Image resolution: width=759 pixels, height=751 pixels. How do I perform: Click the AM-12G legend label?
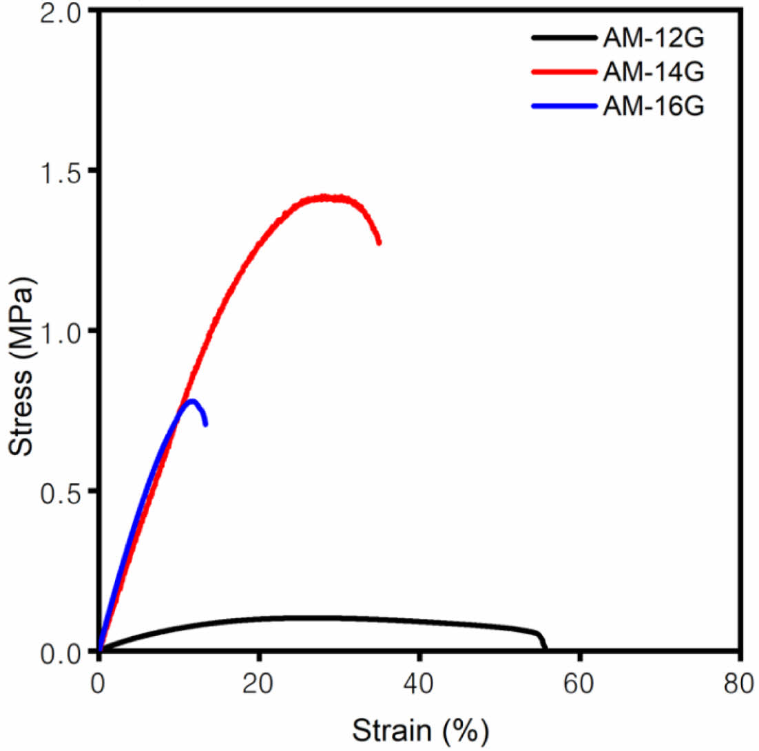tap(653, 39)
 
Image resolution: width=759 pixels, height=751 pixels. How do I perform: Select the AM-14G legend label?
tap(653, 72)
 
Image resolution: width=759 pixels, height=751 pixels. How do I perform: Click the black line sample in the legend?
tap(563, 39)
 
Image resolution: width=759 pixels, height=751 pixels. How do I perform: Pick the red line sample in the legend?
tap(563, 72)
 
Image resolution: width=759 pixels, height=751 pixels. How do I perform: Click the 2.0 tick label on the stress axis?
tap(66, 13)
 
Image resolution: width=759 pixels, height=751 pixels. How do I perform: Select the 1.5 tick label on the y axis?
tap(66, 171)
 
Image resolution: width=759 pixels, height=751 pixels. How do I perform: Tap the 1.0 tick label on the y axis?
tap(66, 331)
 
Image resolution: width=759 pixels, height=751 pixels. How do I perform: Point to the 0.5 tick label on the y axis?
tap(66, 491)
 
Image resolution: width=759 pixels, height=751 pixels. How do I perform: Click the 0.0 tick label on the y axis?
tap(66, 650)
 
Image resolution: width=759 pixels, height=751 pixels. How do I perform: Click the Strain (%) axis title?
tap(421, 728)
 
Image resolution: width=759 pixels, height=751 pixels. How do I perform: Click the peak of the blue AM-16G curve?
tap(192, 401)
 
